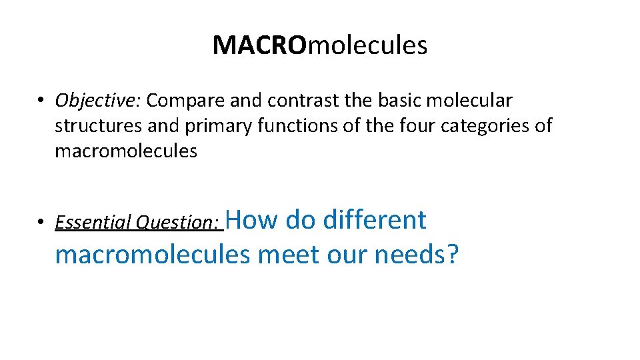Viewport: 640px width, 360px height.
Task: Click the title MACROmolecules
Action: click(320, 45)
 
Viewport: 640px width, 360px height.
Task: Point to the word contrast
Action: click(304, 101)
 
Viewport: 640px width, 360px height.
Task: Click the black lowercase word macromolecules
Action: click(126, 151)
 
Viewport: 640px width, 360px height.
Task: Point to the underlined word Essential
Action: click(93, 222)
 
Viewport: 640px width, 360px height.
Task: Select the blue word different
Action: click(375, 219)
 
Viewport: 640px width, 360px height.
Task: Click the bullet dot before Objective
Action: click(41, 101)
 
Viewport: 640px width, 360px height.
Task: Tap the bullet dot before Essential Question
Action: click(41, 223)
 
